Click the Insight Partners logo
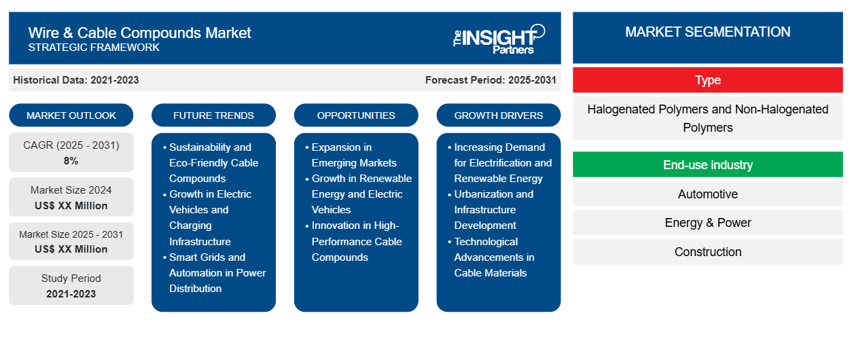coord(499,38)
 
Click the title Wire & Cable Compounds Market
coord(139,32)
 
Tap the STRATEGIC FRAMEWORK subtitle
coord(94,48)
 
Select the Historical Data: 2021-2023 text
coord(76,80)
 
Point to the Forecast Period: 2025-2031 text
coord(490,80)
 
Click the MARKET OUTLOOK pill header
coord(71,115)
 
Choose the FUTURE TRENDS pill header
coord(213,115)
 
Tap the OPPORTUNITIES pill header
coord(356,115)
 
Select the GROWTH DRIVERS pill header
coord(499,115)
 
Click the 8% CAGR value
coord(71,161)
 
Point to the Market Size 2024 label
coord(71,190)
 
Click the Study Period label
coord(71,278)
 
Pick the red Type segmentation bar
coord(707,80)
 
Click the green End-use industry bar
coord(707,165)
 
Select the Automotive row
coord(707,194)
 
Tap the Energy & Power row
coord(707,223)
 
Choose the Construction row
coord(707,252)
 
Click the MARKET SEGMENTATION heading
coord(707,32)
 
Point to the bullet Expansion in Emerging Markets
coord(354,155)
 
